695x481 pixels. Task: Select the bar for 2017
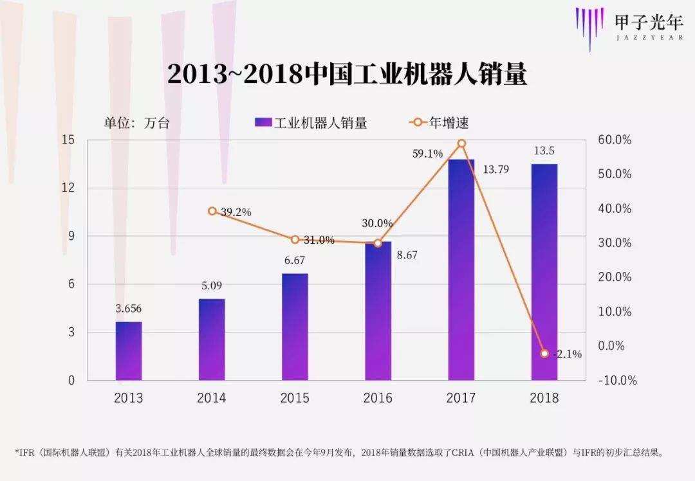tap(461, 270)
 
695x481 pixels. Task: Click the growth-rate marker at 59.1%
tap(461, 143)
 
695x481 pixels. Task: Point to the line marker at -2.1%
tap(544, 354)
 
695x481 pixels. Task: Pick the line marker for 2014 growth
tap(212, 211)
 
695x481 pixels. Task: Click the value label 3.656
tap(129, 309)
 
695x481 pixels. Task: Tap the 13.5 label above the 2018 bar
tap(544, 151)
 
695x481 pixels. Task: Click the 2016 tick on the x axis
tap(378, 398)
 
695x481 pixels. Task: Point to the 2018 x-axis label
tap(544, 398)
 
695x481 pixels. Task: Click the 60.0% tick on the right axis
tap(616, 140)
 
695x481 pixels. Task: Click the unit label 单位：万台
tap(136, 123)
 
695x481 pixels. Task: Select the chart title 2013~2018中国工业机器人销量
tap(347, 75)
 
